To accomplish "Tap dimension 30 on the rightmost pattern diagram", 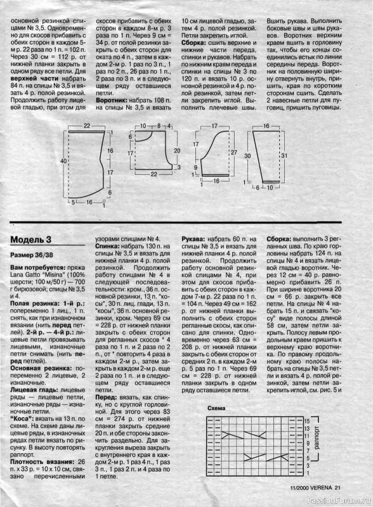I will click(x=248, y=155).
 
